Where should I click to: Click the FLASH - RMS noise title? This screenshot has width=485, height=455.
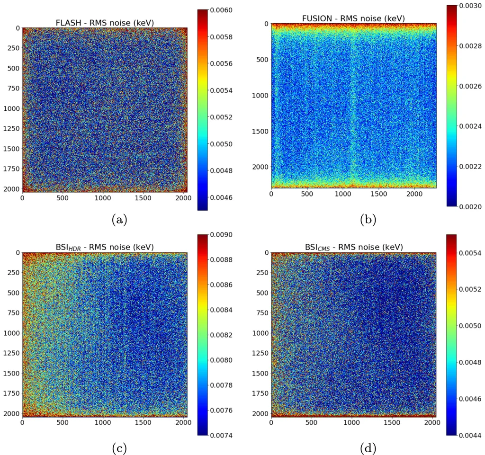105,22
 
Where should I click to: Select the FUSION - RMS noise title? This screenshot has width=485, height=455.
353,18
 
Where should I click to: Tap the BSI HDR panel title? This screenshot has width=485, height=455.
105,247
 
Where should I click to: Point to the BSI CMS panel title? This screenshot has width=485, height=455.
353,247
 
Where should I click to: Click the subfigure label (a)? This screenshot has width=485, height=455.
105,220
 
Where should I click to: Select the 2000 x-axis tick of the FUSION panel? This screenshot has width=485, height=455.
414,194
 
